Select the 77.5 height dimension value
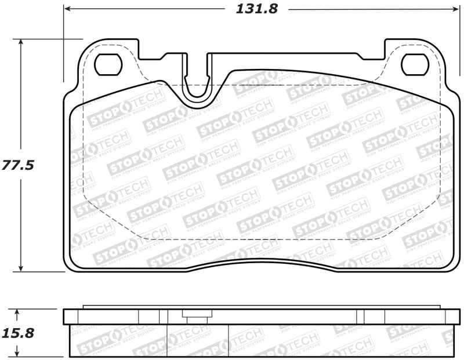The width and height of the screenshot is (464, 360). click(17, 165)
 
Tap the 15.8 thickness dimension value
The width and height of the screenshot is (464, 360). click(18, 333)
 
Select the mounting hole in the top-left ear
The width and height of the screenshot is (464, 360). click(106, 64)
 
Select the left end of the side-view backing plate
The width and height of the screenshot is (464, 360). click(64, 316)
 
